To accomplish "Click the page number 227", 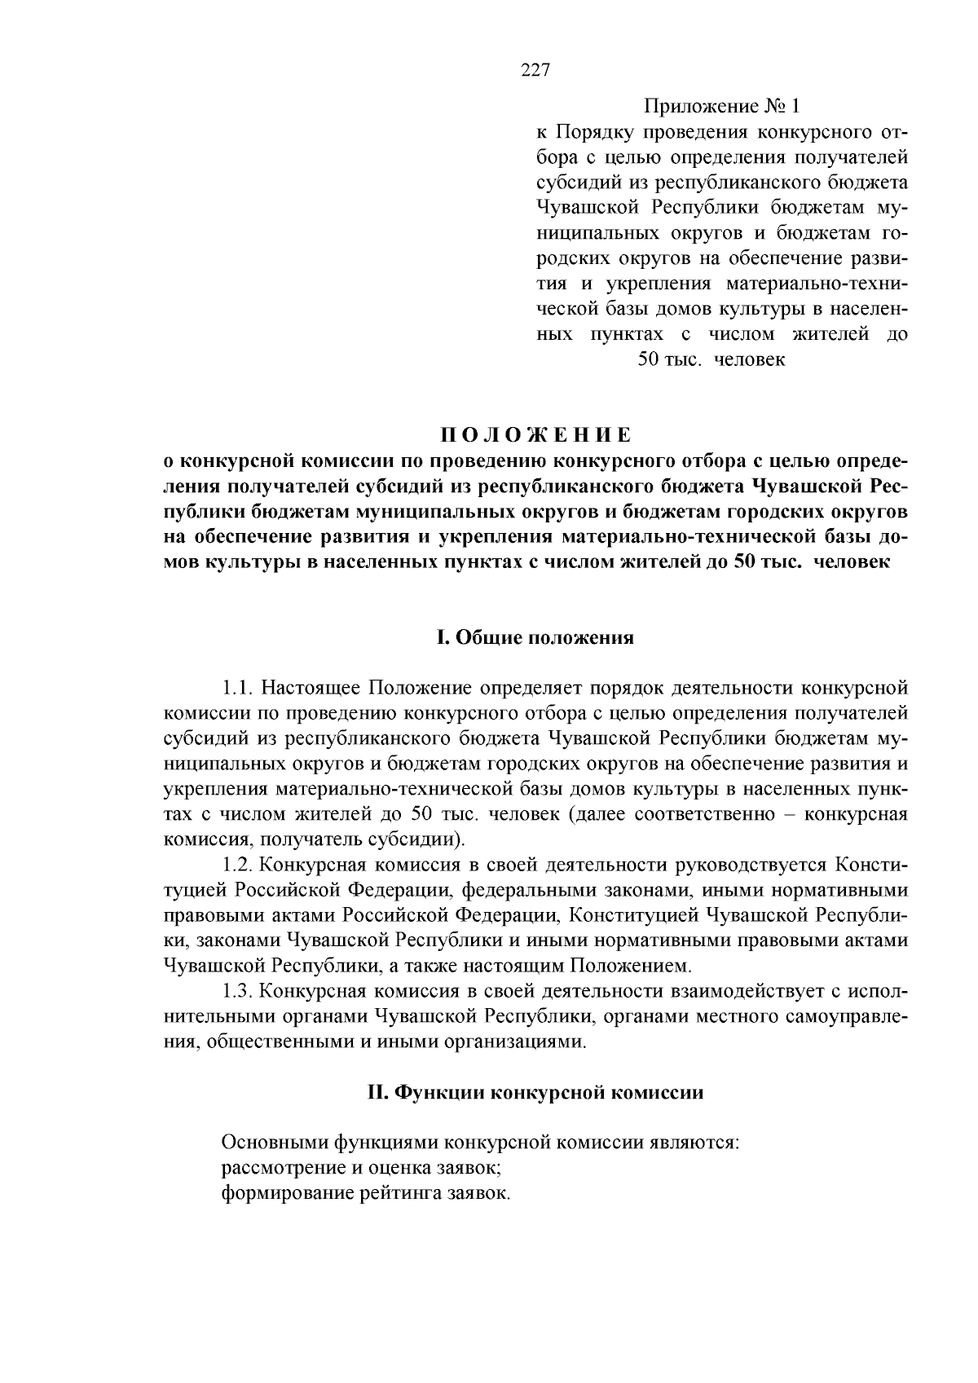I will point(535,70).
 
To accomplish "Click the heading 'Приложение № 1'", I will point(722,107).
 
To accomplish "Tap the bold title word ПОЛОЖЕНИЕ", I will point(535,435).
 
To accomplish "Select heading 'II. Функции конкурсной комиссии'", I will point(535,1093).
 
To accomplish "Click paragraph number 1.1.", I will point(236,688).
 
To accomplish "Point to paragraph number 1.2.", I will point(236,865).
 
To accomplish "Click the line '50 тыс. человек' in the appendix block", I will point(711,359).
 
